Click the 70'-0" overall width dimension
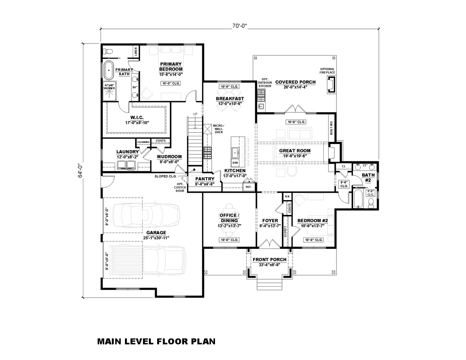[x=239, y=25]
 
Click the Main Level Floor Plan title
[x=156, y=341]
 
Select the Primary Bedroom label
[x=171, y=67]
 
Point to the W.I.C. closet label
[x=137, y=118]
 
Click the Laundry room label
[x=127, y=152]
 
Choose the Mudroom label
[x=169, y=156]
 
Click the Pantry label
[x=205, y=179]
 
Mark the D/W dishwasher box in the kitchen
[x=235, y=163]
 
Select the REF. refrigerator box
[x=249, y=187]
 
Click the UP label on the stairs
[x=195, y=114]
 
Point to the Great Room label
[x=295, y=151]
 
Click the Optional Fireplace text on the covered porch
[x=328, y=71]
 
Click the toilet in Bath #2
[x=371, y=202]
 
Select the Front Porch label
[x=269, y=259]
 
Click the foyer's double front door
[x=269, y=244]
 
